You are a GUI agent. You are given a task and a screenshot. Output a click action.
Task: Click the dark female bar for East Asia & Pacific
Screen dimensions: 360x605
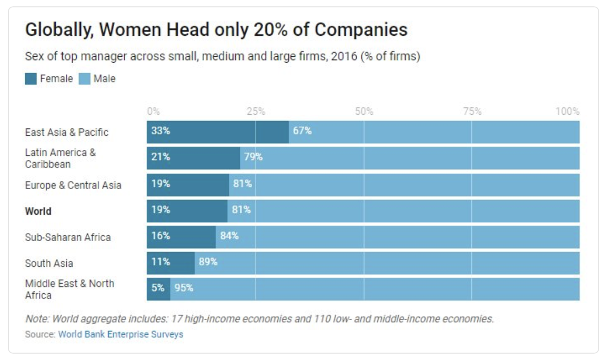pos(218,132)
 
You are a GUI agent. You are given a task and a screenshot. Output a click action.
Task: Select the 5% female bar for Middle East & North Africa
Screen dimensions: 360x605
pos(158,288)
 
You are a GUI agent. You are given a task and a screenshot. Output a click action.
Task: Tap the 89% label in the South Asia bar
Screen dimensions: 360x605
pos(208,262)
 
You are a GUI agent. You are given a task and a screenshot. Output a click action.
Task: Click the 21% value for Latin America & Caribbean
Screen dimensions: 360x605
pos(160,157)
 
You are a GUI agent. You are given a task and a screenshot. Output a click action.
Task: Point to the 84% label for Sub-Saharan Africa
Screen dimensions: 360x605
pos(229,236)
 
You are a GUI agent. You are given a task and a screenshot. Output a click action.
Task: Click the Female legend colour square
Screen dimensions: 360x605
pos(31,79)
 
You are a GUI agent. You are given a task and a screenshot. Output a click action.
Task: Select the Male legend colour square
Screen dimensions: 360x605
pos(84,79)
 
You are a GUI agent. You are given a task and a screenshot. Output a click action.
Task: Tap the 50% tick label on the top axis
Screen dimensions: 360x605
pos(364,112)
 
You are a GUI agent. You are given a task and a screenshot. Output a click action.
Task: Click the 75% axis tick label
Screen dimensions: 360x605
pos(472,112)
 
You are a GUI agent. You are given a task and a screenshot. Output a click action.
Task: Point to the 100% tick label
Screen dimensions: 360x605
pos(568,112)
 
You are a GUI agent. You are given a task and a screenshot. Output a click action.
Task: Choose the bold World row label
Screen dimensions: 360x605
pos(38,212)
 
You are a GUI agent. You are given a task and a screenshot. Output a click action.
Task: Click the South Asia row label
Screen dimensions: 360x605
pos(49,263)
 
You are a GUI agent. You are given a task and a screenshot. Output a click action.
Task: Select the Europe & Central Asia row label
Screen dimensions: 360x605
pos(73,185)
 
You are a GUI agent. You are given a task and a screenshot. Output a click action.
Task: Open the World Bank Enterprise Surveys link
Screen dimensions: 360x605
pos(120,334)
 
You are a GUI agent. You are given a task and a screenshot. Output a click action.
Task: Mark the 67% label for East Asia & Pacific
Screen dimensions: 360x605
pos(302,131)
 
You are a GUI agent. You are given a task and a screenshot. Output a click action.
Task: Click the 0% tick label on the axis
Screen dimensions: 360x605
pos(153,112)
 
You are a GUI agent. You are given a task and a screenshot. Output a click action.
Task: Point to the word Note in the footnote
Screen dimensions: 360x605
pos(36,319)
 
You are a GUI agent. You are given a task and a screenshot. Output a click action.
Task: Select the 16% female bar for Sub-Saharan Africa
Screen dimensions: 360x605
pos(181,236)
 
